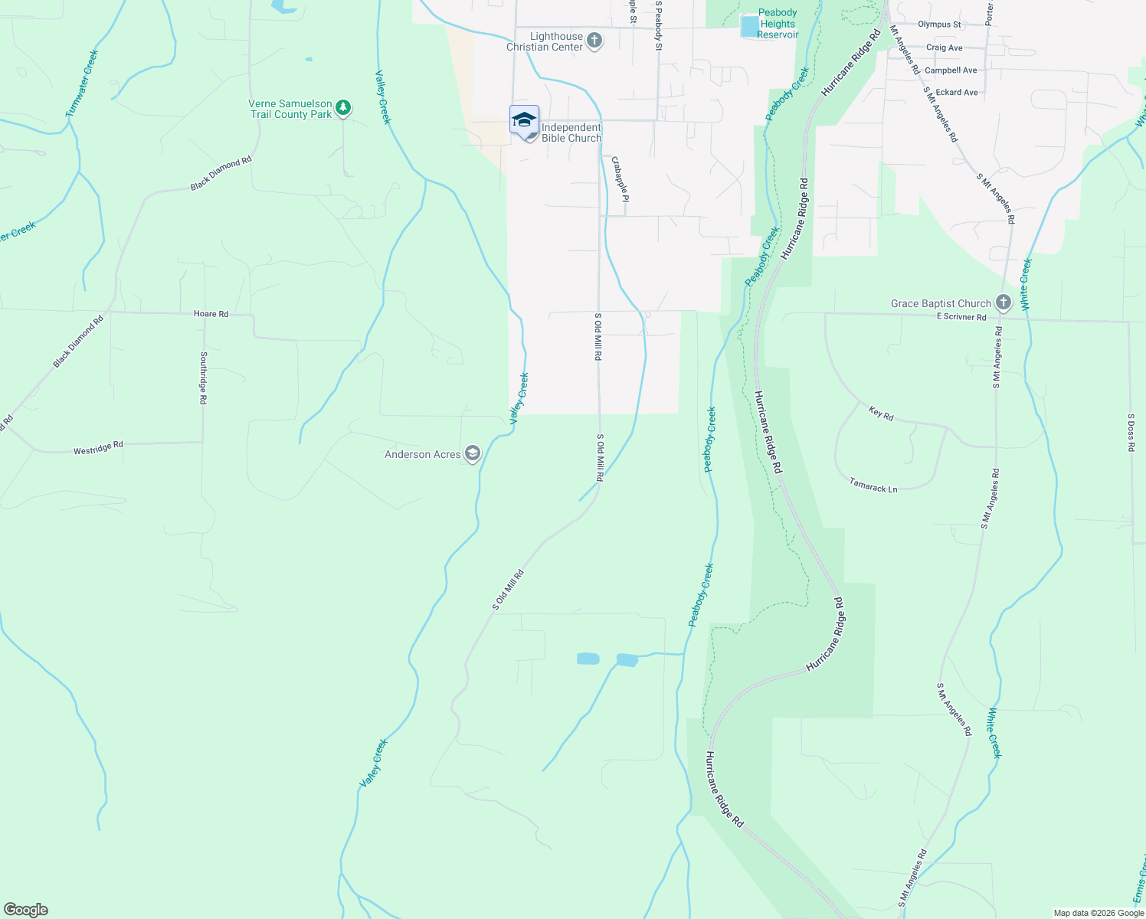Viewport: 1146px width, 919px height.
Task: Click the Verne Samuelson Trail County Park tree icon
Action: [x=343, y=108]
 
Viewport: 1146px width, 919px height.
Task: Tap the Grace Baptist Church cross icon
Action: [x=1004, y=303]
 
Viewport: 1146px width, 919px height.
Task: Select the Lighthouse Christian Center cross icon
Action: [x=594, y=41]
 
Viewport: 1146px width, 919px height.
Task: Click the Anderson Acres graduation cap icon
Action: [x=473, y=454]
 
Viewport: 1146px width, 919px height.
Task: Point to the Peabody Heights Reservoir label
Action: [x=778, y=24]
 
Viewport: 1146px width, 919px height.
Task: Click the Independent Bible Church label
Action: [x=571, y=132]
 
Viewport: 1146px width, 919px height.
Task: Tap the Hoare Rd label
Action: [x=211, y=314]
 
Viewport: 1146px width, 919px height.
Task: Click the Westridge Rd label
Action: [x=98, y=448]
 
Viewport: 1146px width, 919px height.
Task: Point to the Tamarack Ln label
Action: [x=873, y=486]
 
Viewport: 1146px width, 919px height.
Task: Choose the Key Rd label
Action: [x=881, y=414]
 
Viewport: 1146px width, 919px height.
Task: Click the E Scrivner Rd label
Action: [x=961, y=316]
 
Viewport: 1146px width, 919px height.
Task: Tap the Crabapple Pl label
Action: [x=620, y=178]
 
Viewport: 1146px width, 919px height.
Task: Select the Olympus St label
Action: [x=939, y=25]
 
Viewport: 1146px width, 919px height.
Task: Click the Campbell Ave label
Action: [x=951, y=70]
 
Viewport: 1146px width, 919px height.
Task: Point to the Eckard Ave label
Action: [x=957, y=93]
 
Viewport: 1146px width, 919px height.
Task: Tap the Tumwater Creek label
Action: [x=82, y=83]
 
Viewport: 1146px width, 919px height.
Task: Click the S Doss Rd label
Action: [x=1131, y=433]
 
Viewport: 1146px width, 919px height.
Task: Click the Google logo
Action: [x=26, y=910]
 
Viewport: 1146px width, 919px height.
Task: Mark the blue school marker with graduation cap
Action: [x=524, y=121]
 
